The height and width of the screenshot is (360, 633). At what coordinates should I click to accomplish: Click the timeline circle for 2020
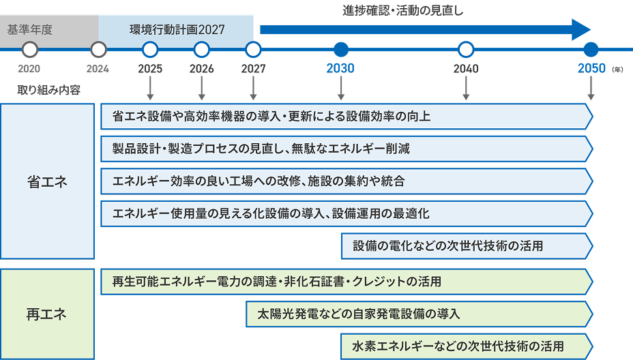[29, 49]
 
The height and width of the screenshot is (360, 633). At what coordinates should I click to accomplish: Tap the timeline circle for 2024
[98, 49]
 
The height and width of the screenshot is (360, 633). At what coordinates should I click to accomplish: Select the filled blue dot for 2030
[341, 49]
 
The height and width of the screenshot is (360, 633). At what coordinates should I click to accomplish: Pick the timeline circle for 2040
[466, 49]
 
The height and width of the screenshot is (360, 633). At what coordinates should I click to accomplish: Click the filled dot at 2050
[591, 49]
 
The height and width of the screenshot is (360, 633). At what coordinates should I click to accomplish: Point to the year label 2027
[253, 69]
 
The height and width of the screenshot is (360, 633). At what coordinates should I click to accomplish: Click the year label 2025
[150, 69]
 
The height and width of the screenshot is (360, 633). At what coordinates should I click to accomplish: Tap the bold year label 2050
[591, 69]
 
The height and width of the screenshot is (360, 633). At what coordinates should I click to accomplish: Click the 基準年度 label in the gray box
[30, 30]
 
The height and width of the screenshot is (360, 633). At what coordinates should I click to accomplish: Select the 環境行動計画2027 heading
[177, 30]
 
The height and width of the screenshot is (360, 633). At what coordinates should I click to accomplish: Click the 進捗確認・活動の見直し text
[406, 10]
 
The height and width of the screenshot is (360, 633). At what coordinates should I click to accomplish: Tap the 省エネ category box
[47, 181]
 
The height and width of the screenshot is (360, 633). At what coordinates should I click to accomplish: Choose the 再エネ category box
[47, 314]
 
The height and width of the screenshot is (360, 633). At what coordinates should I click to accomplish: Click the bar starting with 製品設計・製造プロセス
[345, 149]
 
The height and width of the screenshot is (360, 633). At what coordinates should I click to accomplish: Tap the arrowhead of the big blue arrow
[580, 29]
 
